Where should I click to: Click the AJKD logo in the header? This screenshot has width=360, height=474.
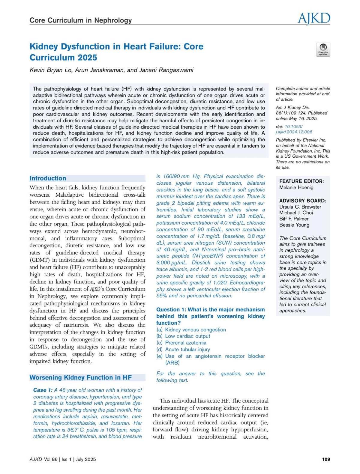pyautogui.click(x=314, y=19)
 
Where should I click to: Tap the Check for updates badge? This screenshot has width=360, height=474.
pyautogui.click(x=323, y=49)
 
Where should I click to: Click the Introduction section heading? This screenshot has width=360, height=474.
pyautogui.click(x=48, y=178)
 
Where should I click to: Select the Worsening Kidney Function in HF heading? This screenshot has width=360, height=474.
pyautogui.click(x=80, y=377)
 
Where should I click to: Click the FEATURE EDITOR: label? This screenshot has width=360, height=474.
pyautogui.click(x=301, y=181)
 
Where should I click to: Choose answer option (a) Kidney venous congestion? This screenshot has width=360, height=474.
pyautogui.click(x=191, y=329)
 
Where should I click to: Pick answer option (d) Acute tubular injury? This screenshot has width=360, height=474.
pyautogui.click(x=183, y=349)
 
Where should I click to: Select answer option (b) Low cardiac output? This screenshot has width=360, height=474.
pyautogui.click(x=183, y=336)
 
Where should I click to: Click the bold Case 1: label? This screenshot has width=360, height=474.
pyautogui.click(x=43, y=390)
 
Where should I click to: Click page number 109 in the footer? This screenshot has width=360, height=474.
pyautogui.click(x=326, y=459)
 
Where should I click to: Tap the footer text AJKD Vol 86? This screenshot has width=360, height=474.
pyautogui.click(x=43, y=459)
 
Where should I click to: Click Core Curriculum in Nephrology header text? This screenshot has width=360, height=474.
pyautogui.click(x=80, y=20)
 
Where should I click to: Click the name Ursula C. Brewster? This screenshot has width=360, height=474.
pyautogui.click(x=300, y=207)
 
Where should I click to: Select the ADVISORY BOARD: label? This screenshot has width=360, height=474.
pyautogui.click(x=302, y=201)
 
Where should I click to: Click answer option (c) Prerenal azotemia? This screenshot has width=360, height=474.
pyautogui.click(x=181, y=343)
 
